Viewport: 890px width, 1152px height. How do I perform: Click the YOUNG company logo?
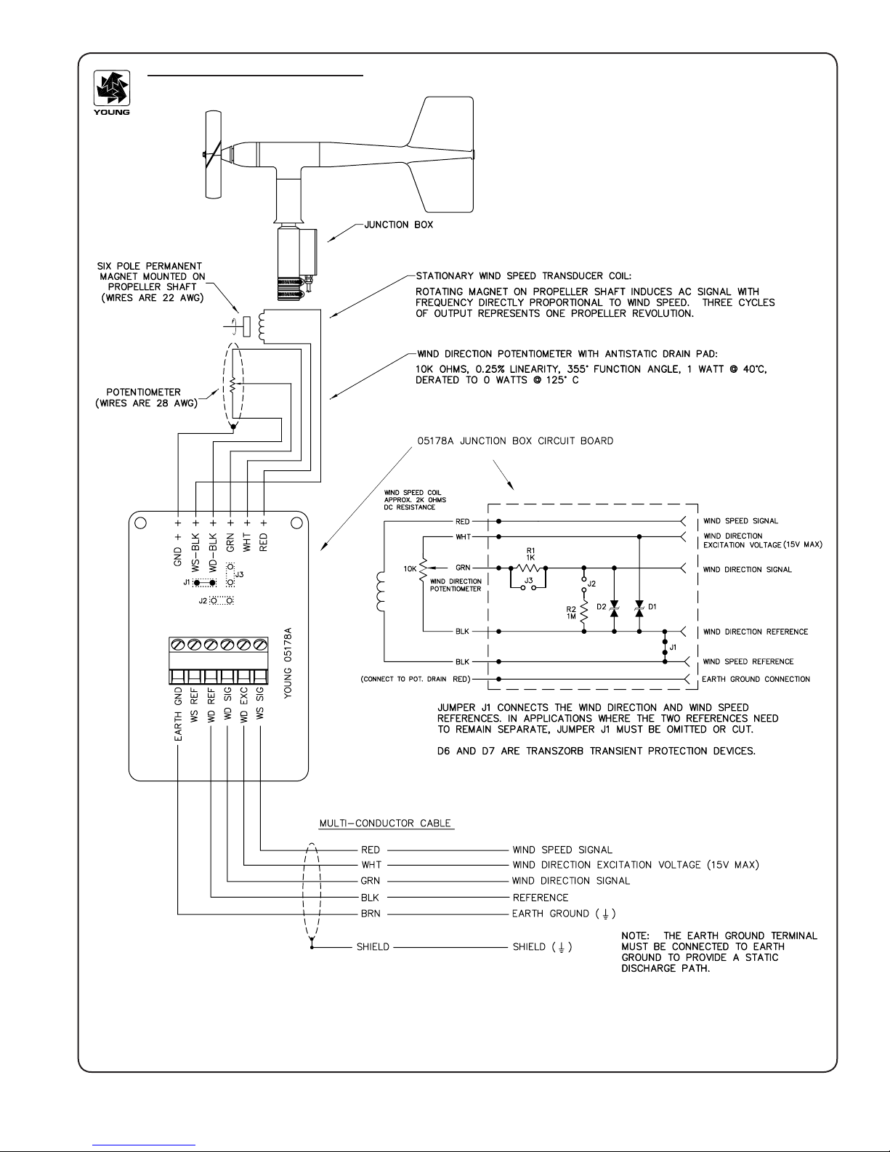click(111, 93)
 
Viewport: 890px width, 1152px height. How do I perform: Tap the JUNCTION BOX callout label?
click(398, 225)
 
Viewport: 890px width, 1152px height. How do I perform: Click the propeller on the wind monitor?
click(213, 154)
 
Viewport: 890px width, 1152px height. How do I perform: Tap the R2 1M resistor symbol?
click(584, 613)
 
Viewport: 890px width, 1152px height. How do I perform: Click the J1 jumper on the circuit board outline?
click(204, 583)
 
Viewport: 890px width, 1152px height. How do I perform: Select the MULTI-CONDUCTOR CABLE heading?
click(385, 823)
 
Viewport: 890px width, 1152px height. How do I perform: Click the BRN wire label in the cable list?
click(371, 914)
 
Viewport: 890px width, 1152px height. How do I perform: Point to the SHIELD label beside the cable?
click(373, 947)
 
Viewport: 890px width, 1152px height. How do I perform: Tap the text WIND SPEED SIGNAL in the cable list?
click(562, 850)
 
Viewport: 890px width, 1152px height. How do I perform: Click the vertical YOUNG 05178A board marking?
click(288, 663)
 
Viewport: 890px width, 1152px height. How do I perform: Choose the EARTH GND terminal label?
click(178, 714)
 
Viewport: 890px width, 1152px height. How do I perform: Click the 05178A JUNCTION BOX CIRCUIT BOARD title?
click(515, 441)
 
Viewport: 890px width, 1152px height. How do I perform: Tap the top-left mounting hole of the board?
click(140, 523)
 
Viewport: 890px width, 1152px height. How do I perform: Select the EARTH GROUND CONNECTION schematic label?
click(756, 679)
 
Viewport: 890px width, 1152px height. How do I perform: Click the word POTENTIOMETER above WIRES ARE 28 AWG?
click(144, 392)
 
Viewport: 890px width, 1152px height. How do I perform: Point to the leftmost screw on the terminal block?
click(178, 645)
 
